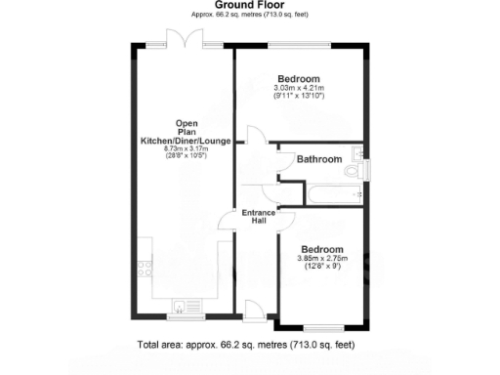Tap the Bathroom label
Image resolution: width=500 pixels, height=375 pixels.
click(x=318, y=159)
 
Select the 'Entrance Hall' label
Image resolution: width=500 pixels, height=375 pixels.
click(x=259, y=218)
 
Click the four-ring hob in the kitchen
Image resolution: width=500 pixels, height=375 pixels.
click(x=144, y=262)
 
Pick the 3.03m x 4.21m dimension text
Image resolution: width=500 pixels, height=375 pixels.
click(x=298, y=89)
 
